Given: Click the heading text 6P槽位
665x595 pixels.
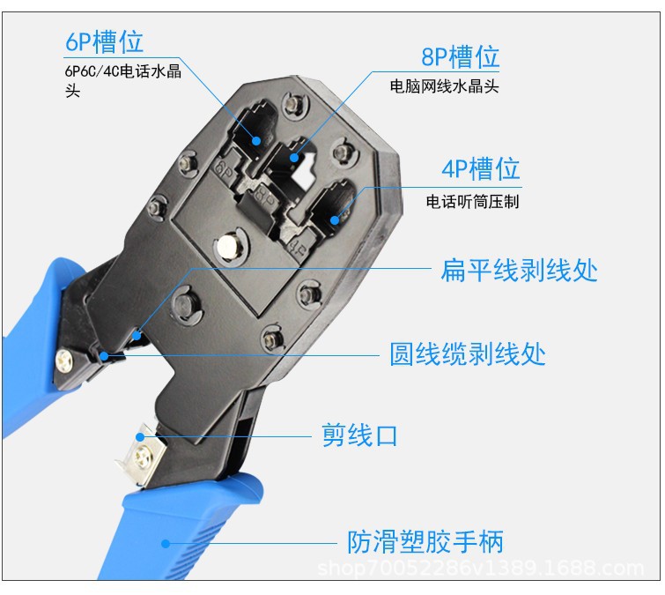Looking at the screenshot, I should pos(104,41).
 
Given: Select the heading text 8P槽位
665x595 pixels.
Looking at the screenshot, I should pos(460,57).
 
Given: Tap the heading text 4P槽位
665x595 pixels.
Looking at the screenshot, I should pos(481,168).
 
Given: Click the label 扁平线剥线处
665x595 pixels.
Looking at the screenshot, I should pos(519,270).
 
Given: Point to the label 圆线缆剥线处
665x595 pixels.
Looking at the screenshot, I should pos(468,353).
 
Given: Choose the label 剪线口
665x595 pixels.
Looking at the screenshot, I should pos(359,435).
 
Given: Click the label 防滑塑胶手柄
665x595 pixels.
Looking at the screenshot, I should pos(425,541).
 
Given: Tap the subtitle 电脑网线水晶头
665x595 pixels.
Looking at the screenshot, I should pos(445,87).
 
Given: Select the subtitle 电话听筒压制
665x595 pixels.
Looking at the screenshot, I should pos(473,201).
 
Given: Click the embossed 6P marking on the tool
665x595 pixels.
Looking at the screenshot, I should pos(222,166).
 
